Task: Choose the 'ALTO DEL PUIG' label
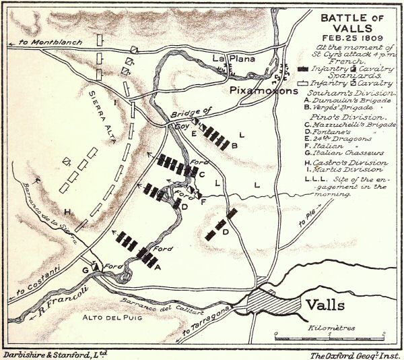[x=107, y=318]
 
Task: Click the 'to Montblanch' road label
[x=48, y=42]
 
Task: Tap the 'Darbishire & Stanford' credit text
[x=54, y=353]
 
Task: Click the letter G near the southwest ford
[x=86, y=269]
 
